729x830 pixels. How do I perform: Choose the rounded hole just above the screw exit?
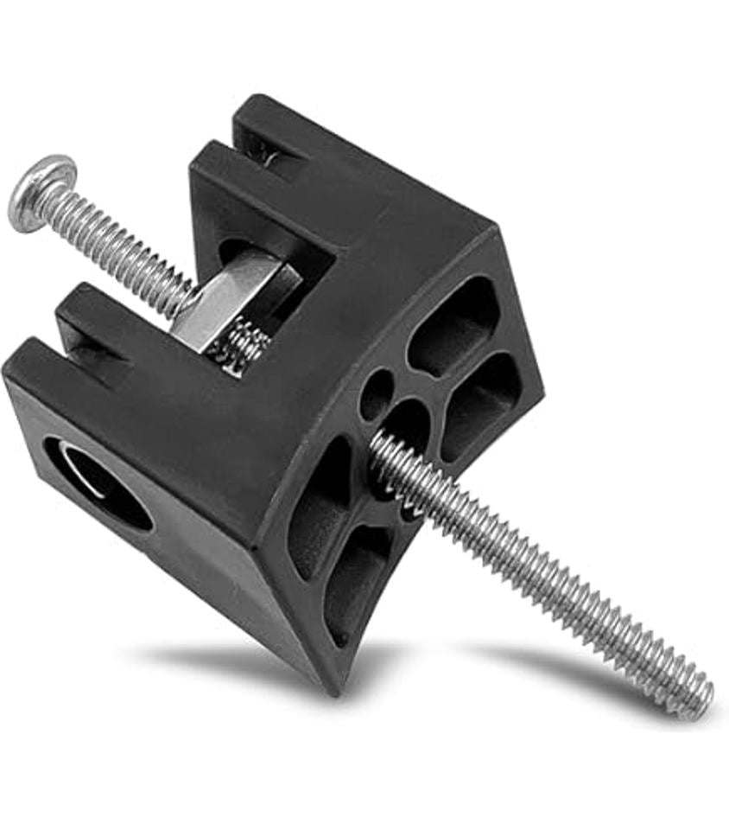tap(409, 423)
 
